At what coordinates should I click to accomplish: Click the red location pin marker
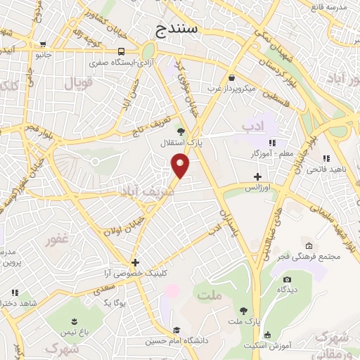181,166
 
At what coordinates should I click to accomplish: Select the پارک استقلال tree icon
181,130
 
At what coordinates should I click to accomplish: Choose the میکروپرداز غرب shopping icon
231,77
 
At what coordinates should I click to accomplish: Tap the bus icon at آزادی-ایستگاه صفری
122,51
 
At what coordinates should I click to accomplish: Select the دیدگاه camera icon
286,279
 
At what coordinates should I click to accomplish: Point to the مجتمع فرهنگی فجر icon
308,245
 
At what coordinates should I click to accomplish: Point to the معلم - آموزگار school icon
271,143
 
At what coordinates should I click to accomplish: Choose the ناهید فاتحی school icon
326,160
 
